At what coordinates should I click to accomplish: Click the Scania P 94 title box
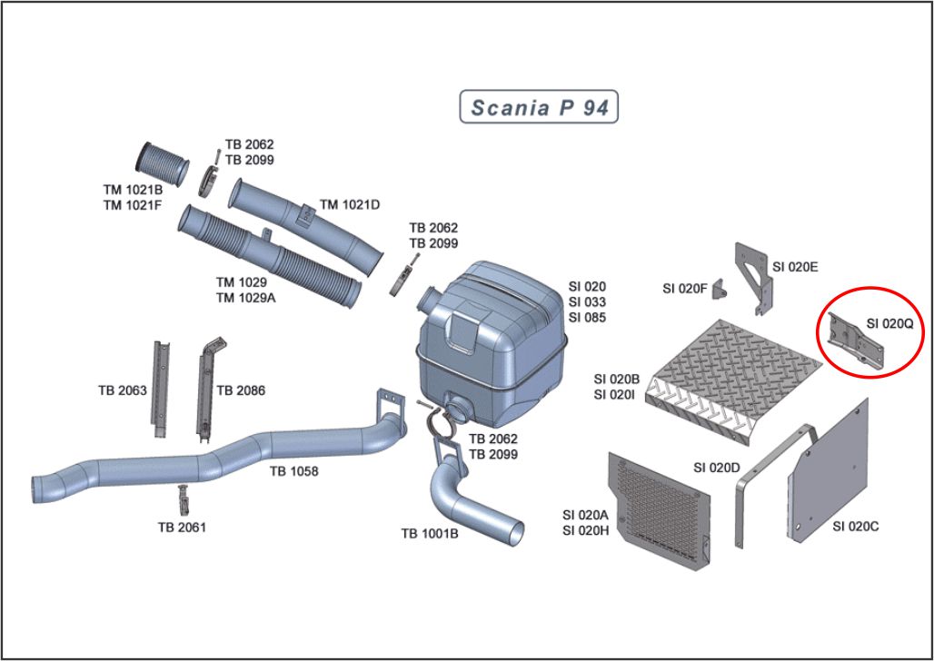tap(540, 108)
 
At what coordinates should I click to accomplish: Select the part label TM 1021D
tap(350, 204)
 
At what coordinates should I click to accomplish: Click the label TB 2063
tap(123, 390)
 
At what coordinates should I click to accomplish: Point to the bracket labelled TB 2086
tap(205, 386)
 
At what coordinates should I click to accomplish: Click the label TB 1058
tap(293, 471)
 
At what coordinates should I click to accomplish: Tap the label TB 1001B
tap(430, 533)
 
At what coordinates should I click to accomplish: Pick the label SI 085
tap(587, 318)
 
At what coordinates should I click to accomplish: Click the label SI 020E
tap(795, 267)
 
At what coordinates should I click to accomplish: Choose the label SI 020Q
tap(889, 323)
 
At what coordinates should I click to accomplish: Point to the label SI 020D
tap(717, 468)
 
